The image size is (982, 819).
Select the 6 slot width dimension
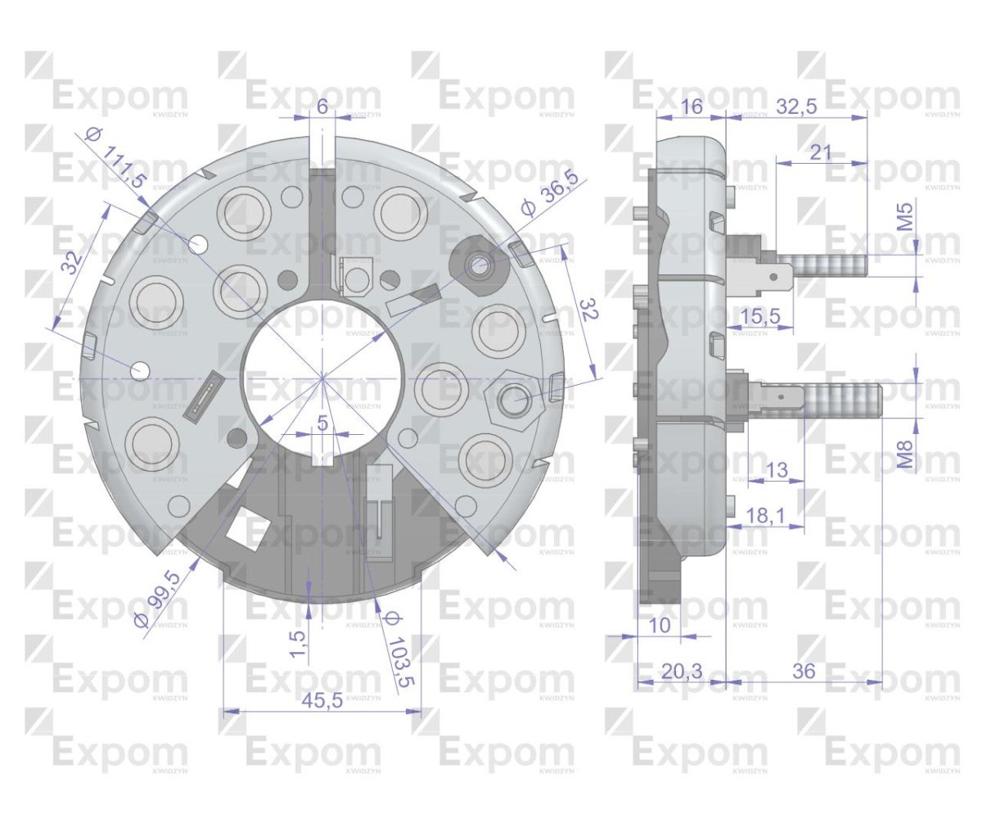(322, 106)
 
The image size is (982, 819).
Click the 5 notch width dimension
(322, 423)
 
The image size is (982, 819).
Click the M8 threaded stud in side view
(843, 400)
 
